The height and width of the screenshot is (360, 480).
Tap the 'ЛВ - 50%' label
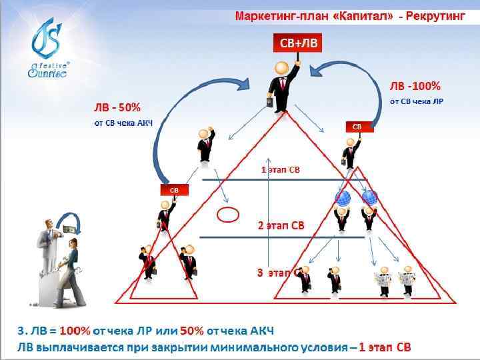[117, 108]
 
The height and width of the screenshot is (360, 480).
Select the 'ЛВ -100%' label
[415, 87]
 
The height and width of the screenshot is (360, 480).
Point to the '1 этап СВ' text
[280, 169]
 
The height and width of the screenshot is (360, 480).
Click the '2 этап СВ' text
[281, 225]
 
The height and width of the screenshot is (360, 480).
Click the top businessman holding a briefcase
[281, 87]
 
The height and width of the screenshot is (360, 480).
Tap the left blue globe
[343, 198]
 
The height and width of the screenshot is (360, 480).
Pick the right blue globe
[369, 197]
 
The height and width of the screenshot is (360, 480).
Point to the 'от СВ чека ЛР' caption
[417, 102]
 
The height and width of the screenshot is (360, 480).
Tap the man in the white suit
[47, 247]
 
